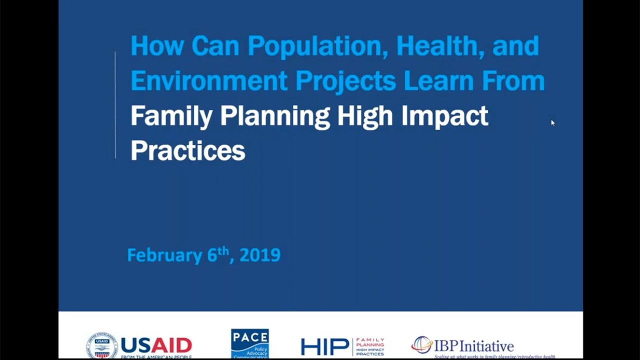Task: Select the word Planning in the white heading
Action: pyautogui.click(x=275, y=116)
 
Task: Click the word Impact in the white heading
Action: pyautogui.click(x=444, y=116)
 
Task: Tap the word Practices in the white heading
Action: pyautogui.click(x=187, y=150)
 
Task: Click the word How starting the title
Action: pyautogui.click(x=157, y=46)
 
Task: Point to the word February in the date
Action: pyautogui.click(x=164, y=255)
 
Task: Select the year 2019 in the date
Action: pyautogui.click(x=260, y=255)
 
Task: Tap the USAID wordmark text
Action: pyautogui.click(x=156, y=345)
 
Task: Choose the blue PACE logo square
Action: pyautogui.click(x=250, y=343)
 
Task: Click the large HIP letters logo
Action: pyautogui.click(x=324, y=346)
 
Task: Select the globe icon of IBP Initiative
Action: pyautogui.click(x=421, y=344)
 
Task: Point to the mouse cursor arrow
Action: pyautogui.click(x=552, y=123)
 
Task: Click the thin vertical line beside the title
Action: pyautogui.click(x=115, y=105)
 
